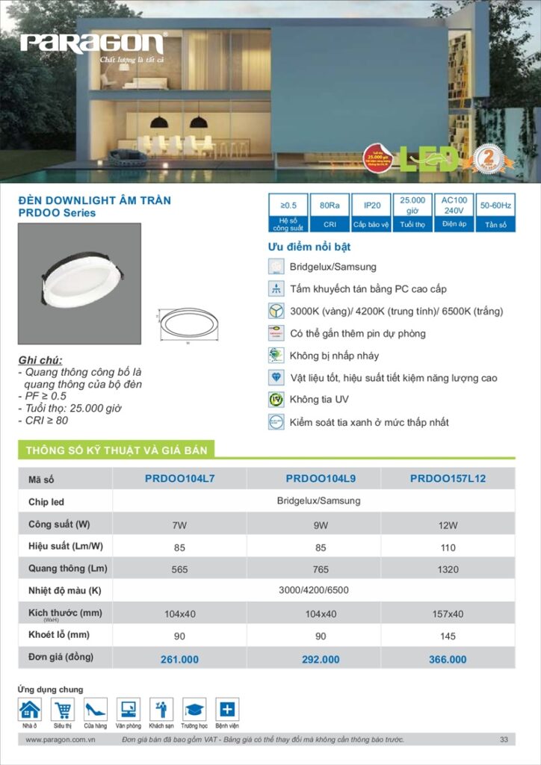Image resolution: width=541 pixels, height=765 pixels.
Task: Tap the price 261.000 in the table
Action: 179,660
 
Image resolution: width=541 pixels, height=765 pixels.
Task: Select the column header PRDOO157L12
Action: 448,478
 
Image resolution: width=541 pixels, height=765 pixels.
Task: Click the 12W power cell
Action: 448,525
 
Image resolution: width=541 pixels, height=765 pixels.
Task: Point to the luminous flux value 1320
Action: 448,569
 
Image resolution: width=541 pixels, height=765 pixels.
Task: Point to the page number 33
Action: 504,740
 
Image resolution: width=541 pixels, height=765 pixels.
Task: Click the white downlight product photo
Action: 79,284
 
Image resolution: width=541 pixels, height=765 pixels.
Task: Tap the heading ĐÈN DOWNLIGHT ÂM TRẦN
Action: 94,200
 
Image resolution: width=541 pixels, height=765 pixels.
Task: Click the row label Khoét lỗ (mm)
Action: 59,635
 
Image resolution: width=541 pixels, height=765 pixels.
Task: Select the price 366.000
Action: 448,660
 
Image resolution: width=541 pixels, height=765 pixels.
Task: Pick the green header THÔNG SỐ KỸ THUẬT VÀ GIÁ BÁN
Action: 117,450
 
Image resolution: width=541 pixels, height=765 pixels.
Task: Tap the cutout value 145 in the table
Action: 448,636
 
